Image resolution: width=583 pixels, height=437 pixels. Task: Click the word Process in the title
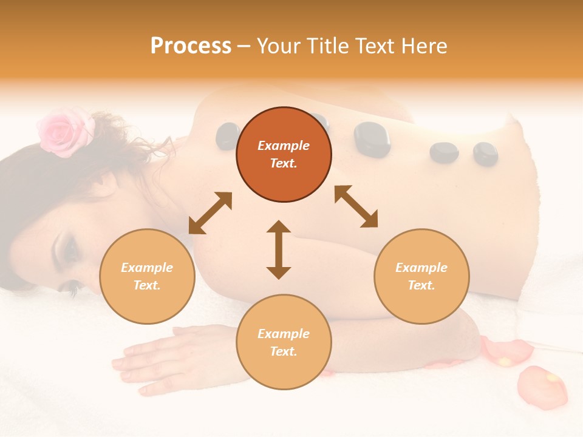point(191,46)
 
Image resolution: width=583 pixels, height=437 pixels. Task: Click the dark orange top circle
point(284,155)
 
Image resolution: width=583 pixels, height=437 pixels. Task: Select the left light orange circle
point(147,277)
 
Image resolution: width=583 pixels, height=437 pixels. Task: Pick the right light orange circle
point(421,277)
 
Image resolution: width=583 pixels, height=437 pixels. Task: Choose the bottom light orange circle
point(284,342)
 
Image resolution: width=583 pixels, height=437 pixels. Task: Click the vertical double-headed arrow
point(279,249)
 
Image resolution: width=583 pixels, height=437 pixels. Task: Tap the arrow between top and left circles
point(210,213)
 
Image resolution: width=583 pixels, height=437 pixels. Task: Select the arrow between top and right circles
point(356,206)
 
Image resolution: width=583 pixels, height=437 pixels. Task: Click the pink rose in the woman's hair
point(63,130)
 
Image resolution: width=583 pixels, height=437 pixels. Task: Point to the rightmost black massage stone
point(485,154)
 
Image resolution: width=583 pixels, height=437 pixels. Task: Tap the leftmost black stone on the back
point(228,136)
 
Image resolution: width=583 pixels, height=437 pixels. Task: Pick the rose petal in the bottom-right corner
point(542,387)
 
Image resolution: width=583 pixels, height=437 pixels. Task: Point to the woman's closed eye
point(68,249)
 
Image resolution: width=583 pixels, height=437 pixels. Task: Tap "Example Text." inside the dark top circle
point(284,155)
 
